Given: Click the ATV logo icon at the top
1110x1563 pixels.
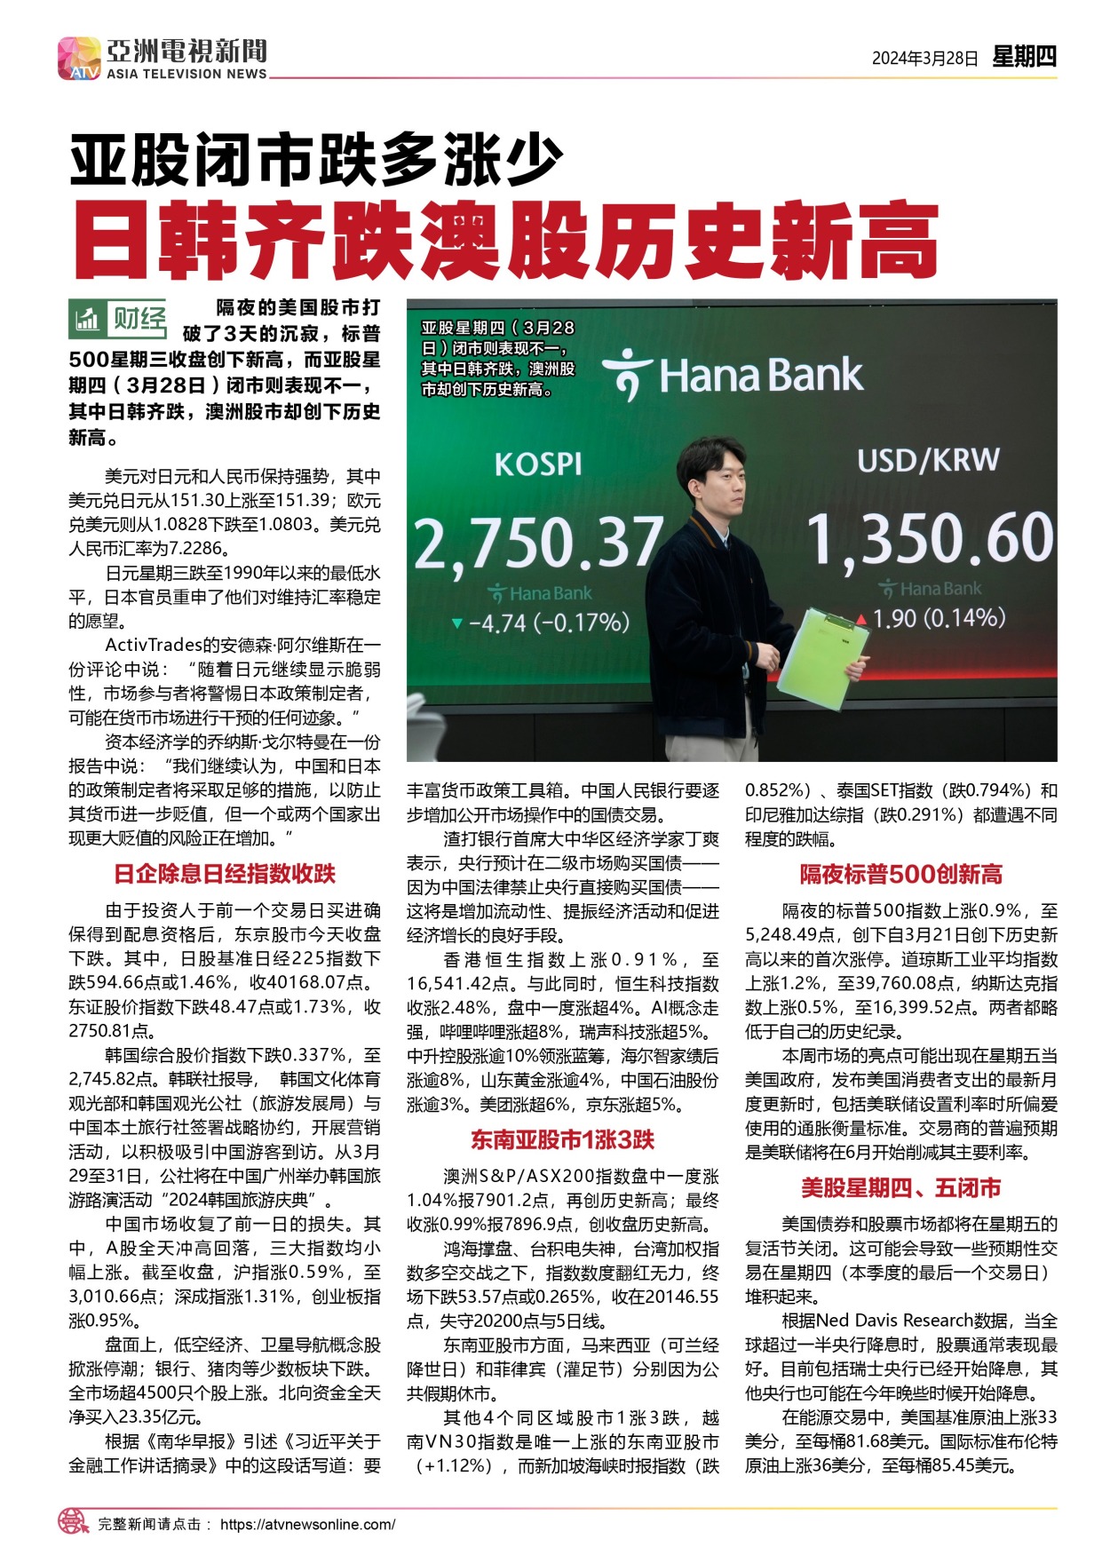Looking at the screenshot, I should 79,58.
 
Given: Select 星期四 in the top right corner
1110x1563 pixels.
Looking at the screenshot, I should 1024,57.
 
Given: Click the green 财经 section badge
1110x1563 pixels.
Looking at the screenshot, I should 118,319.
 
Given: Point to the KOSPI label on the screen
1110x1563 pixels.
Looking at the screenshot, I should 538,464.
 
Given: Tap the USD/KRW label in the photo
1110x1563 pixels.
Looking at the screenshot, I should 928,460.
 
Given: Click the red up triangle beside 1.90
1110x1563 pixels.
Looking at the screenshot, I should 861,619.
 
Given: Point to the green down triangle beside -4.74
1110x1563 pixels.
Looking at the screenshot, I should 456,623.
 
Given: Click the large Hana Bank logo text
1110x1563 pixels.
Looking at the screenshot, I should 733,375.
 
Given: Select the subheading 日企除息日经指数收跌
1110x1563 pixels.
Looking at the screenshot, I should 225,874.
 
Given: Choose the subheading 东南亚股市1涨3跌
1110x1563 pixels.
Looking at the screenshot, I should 562,1139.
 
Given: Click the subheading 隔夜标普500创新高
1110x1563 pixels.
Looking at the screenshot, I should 900,874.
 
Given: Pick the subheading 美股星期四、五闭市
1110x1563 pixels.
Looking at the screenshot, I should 900,1187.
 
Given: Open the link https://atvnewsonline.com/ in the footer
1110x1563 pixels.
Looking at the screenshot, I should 307,1524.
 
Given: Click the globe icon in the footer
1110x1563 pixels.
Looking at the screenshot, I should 74,1521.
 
